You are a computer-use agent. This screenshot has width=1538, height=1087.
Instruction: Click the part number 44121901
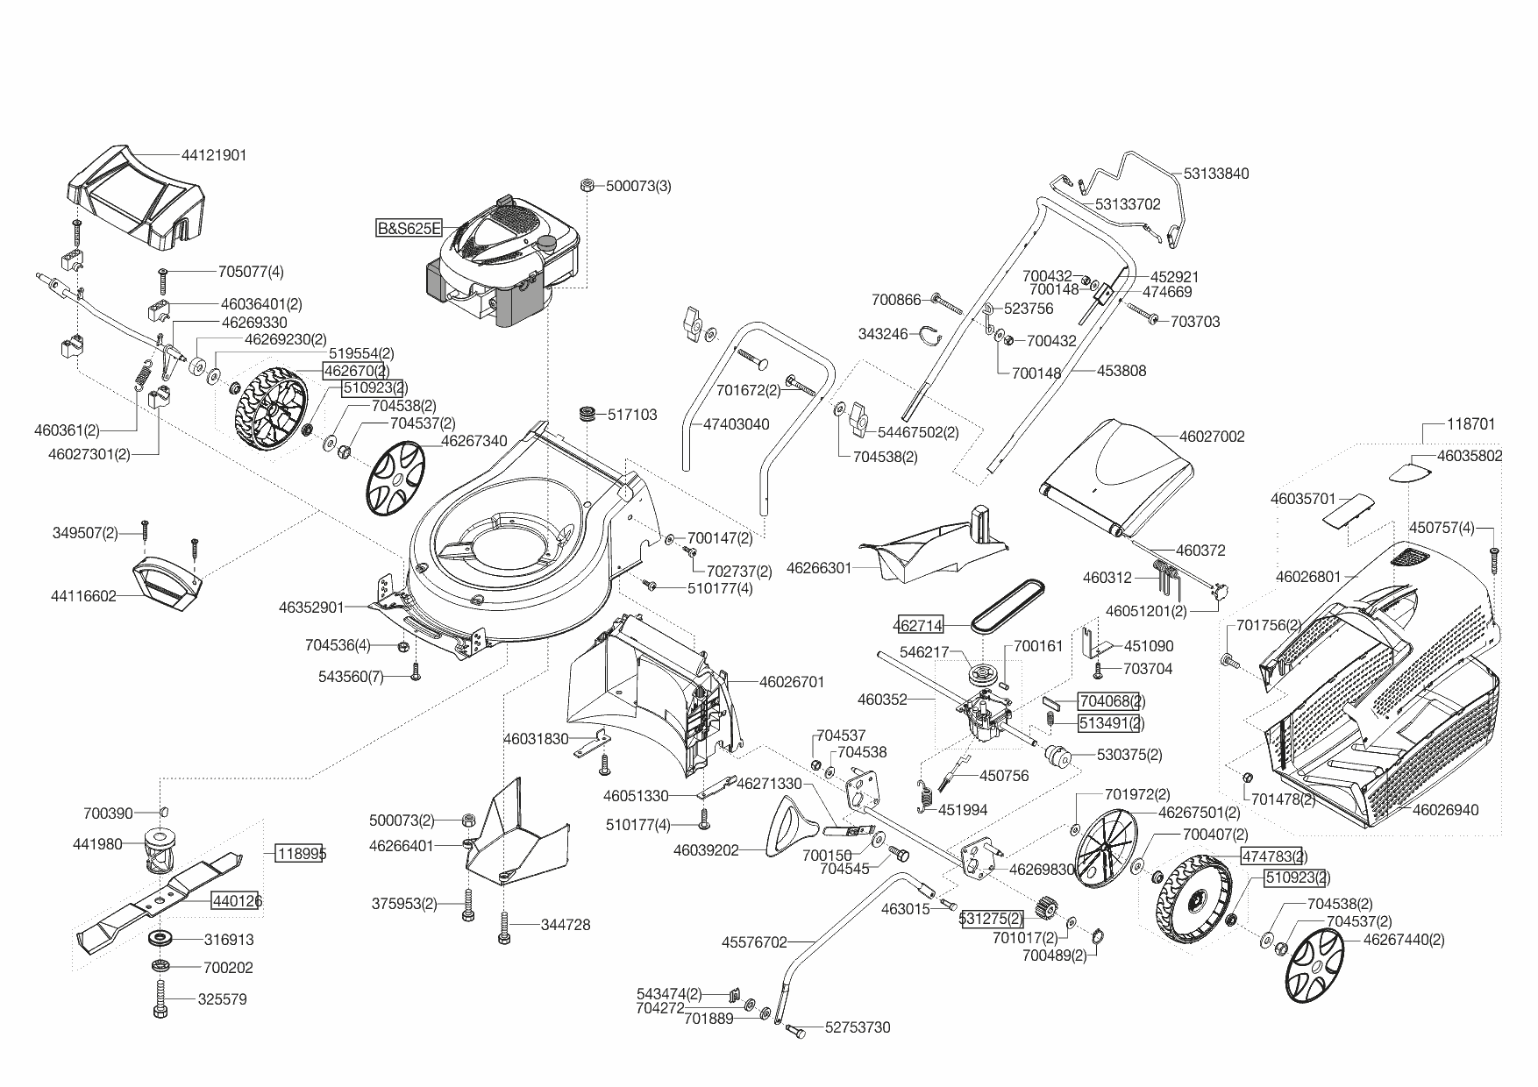214,155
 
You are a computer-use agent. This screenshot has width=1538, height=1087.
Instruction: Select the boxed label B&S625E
409,229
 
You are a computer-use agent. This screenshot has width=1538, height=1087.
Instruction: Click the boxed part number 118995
299,853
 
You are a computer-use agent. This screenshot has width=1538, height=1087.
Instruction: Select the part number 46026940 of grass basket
1445,810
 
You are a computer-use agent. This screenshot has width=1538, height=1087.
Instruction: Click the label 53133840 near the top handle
1215,174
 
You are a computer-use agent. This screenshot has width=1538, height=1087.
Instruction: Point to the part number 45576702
754,942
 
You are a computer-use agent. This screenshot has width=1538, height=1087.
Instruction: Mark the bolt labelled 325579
161,998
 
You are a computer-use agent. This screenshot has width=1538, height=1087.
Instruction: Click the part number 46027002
1212,437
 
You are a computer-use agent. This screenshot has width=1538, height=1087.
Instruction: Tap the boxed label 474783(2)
1273,856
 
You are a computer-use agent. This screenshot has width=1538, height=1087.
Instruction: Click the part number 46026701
792,681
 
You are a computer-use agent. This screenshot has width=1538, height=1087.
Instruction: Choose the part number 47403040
737,424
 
